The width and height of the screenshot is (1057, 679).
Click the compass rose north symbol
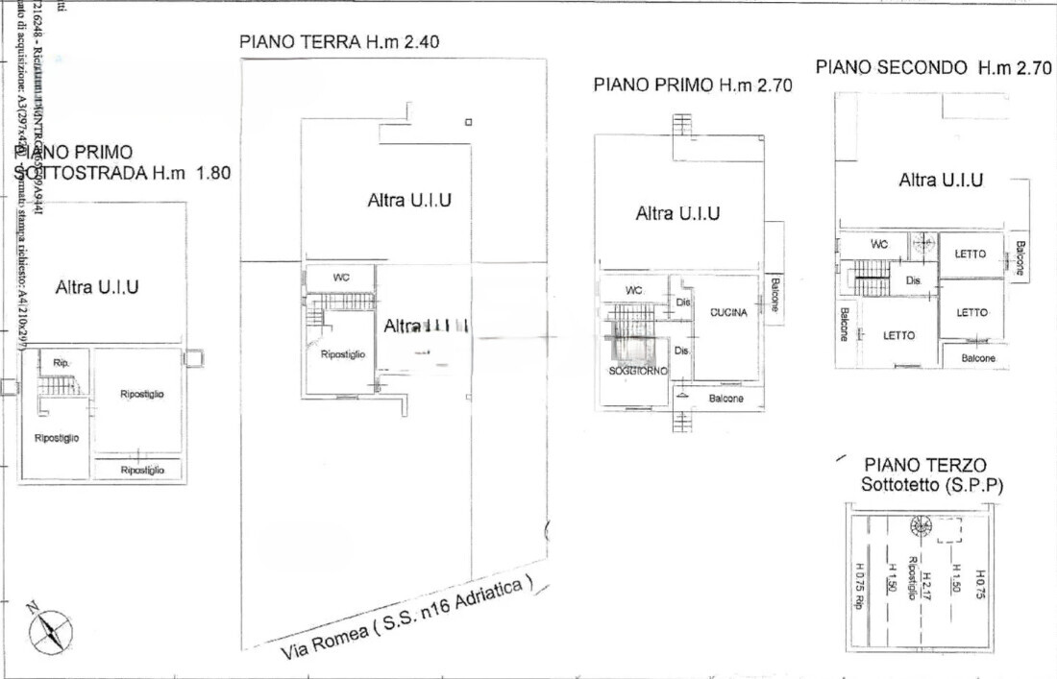50,631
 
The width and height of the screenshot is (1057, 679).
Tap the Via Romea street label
406,618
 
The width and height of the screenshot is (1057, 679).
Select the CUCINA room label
728,313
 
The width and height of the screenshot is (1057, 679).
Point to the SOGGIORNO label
637,371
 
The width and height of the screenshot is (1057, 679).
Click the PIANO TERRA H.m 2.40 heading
340,42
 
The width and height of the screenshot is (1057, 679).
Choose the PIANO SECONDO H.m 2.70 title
933,67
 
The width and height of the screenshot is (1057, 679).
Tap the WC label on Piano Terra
341,278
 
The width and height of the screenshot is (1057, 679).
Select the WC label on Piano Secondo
879,245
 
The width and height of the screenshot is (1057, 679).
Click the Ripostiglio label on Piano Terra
343,354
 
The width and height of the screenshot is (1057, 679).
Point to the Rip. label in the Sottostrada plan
61,363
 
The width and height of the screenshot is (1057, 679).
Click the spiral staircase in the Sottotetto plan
921,525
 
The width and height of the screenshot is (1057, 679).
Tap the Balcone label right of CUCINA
774,299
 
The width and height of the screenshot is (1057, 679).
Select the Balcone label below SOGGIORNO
726,398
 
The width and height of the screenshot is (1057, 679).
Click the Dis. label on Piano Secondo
915,280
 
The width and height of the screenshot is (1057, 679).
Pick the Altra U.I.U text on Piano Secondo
940,180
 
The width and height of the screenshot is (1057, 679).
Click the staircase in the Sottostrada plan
60,386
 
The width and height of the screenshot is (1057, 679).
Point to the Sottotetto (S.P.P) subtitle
931,486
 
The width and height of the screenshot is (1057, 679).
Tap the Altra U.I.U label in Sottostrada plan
97,286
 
